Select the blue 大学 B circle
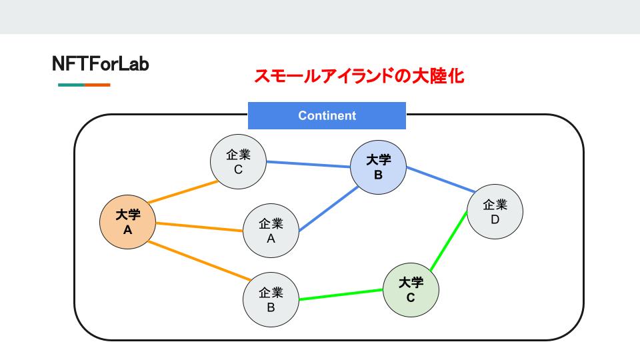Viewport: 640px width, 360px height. click(378, 167)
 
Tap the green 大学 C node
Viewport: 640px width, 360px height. click(411, 289)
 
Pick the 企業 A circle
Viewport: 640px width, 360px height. click(271, 230)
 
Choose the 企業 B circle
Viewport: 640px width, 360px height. click(271, 299)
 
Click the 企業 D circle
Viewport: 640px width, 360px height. click(495, 211)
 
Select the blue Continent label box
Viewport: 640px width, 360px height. click(327, 115)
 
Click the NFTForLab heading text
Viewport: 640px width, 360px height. click(100, 64)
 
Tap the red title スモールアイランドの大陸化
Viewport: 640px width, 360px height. click(359, 76)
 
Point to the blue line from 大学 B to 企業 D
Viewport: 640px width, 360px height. click(437, 182)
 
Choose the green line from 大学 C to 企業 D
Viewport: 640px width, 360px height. click(448, 241)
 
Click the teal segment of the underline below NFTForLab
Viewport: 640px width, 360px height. click(71, 85)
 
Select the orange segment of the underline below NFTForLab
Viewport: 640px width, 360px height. click(97, 85)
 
